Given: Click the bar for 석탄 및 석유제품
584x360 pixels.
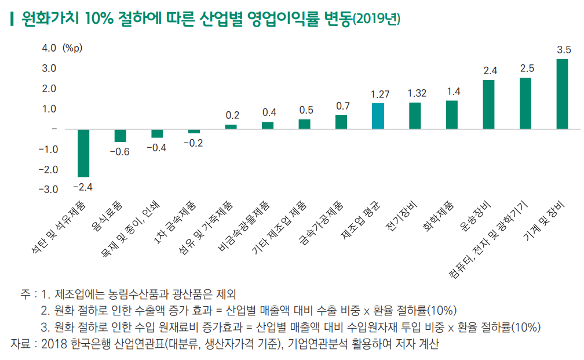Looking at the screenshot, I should tap(83, 152).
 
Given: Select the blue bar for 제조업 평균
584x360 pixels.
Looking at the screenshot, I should tap(378, 116).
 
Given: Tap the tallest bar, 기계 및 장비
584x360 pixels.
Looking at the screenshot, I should tap(562, 93).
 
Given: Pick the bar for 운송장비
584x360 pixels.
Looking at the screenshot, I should tap(488, 104).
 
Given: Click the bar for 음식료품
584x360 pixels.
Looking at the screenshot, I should tap(120, 135).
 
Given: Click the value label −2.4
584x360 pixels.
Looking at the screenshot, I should tap(83, 187).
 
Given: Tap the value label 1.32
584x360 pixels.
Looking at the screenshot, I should tap(417, 93).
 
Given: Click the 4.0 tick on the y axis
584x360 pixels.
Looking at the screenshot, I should tap(49, 48).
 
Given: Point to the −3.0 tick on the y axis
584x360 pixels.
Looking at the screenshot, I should tap(48, 190).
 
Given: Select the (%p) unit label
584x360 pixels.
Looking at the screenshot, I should tap(72, 48).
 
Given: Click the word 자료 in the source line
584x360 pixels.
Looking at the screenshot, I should tap(20, 344).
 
